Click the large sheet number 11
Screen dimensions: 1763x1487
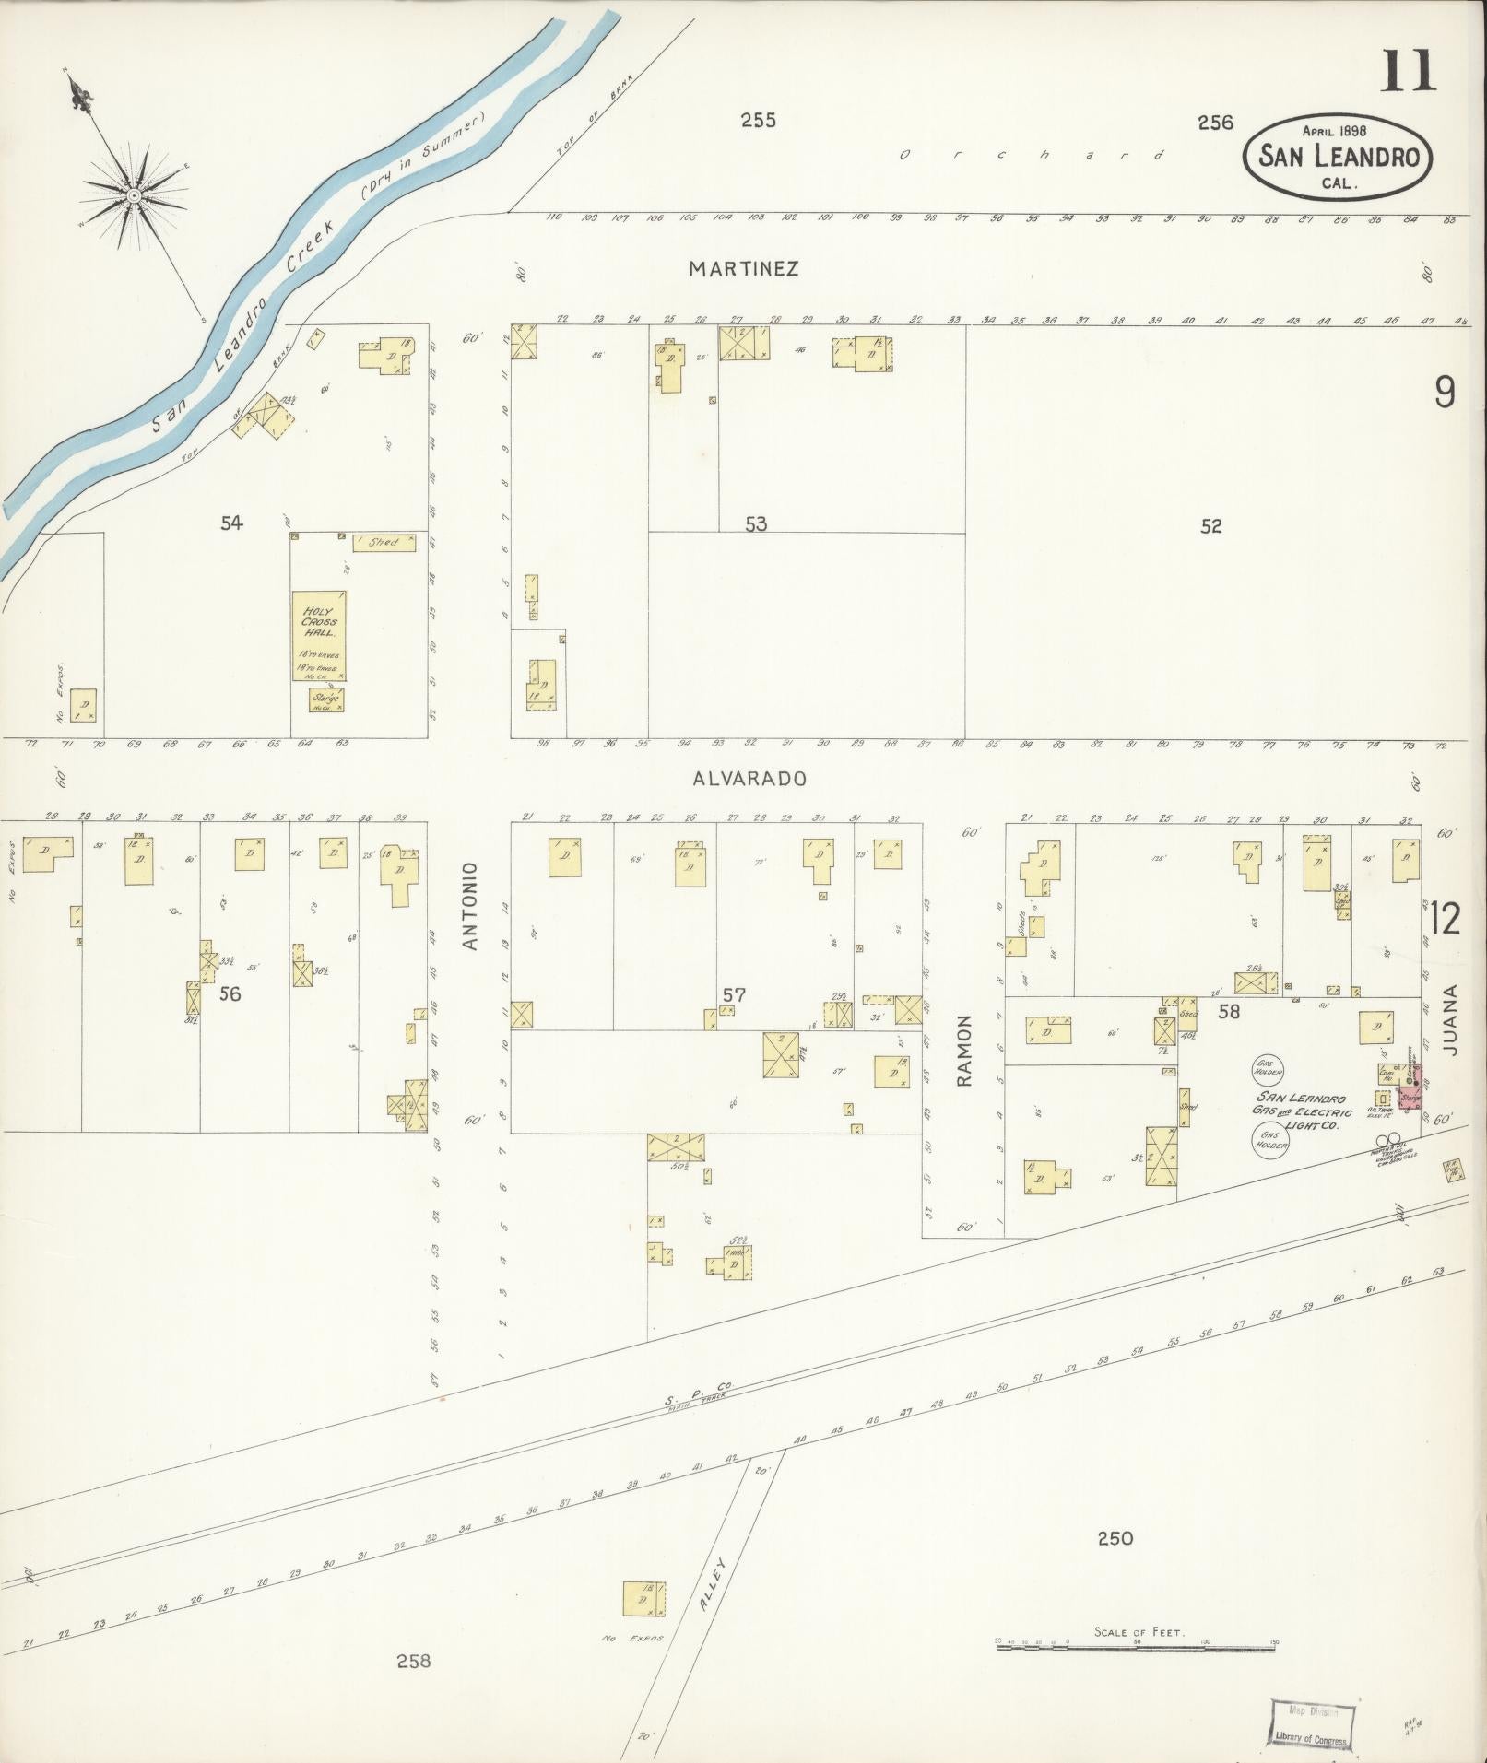coord(1408,72)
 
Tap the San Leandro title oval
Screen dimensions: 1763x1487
coord(1338,158)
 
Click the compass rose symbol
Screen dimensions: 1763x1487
coord(134,195)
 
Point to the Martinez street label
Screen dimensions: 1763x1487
coord(743,268)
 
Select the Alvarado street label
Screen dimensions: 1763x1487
coord(749,778)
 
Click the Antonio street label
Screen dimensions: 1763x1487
coord(472,906)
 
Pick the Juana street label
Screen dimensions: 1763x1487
coord(1453,1019)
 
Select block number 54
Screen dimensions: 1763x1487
coord(231,523)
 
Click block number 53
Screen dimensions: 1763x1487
coord(756,524)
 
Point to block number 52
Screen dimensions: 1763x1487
coord(1210,526)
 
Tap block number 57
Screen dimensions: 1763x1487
coord(734,994)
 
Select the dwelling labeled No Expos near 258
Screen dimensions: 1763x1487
coord(643,1599)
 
